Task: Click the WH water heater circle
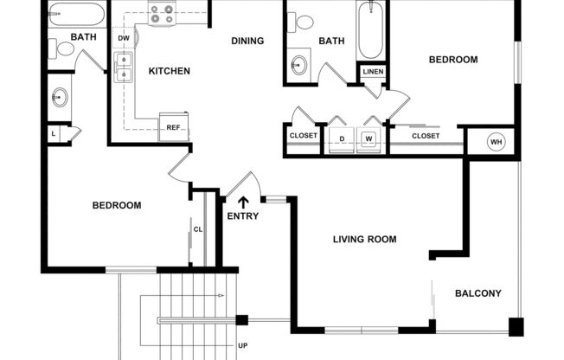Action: (x=496, y=142)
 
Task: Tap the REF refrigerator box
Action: (x=174, y=127)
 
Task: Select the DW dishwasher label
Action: (x=124, y=39)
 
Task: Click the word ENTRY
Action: (x=242, y=216)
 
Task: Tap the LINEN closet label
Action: (x=372, y=71)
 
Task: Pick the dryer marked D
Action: (x=342, y=137)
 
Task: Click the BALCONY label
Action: (x=477, y=293)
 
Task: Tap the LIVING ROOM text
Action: (x=364, y=240)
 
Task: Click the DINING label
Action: (x=247, y=41)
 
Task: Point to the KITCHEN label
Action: (x=170, y=71)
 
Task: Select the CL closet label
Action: (x=198, y=229)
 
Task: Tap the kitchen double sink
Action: (x=123, y=67)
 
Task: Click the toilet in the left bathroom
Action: (x=61, y=48)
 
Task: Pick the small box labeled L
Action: (x=54, y=133)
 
